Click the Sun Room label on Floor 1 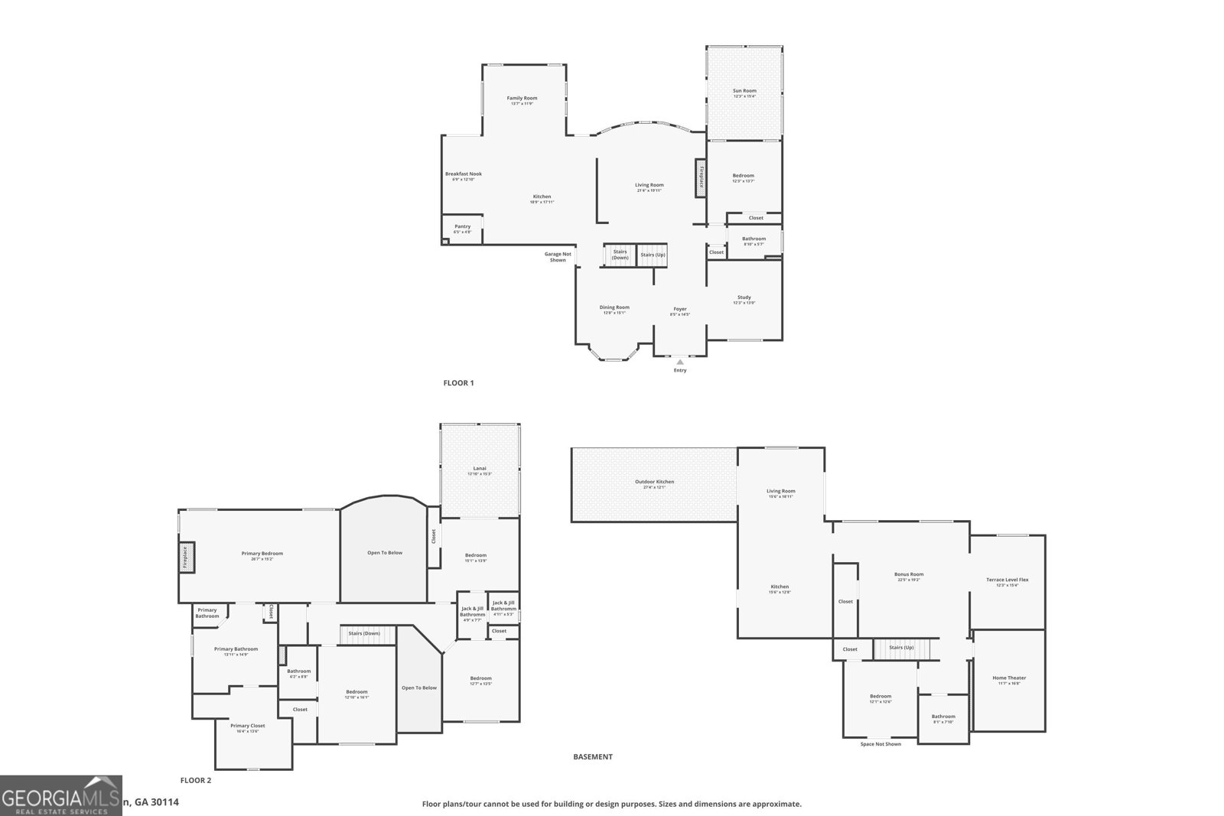744,91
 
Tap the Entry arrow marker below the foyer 679,362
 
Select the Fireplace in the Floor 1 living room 700,178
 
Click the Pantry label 462,226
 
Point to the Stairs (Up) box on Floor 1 653,255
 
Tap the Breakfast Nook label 464,174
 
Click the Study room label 744,297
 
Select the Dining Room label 614,307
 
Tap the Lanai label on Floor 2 480,469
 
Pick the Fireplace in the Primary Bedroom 186,557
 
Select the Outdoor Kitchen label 655,482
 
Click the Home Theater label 1009,678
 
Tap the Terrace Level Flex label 1007,580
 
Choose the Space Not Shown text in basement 881,744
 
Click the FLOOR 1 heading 459,383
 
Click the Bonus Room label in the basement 909,574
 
